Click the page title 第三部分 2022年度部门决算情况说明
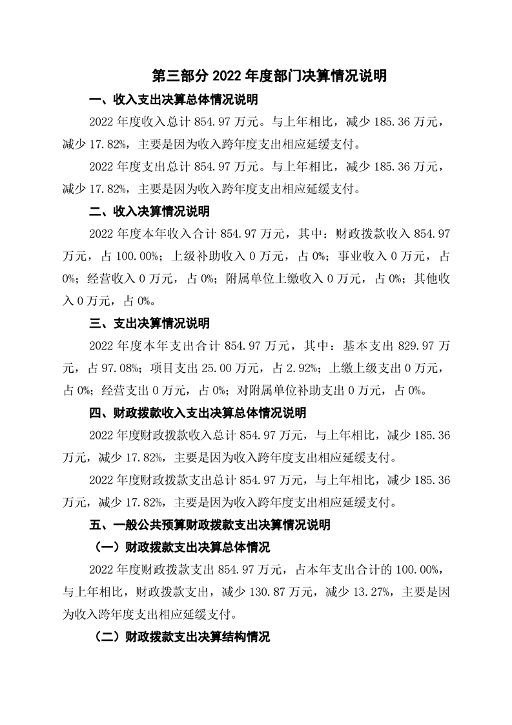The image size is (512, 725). [x=269, y=76]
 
